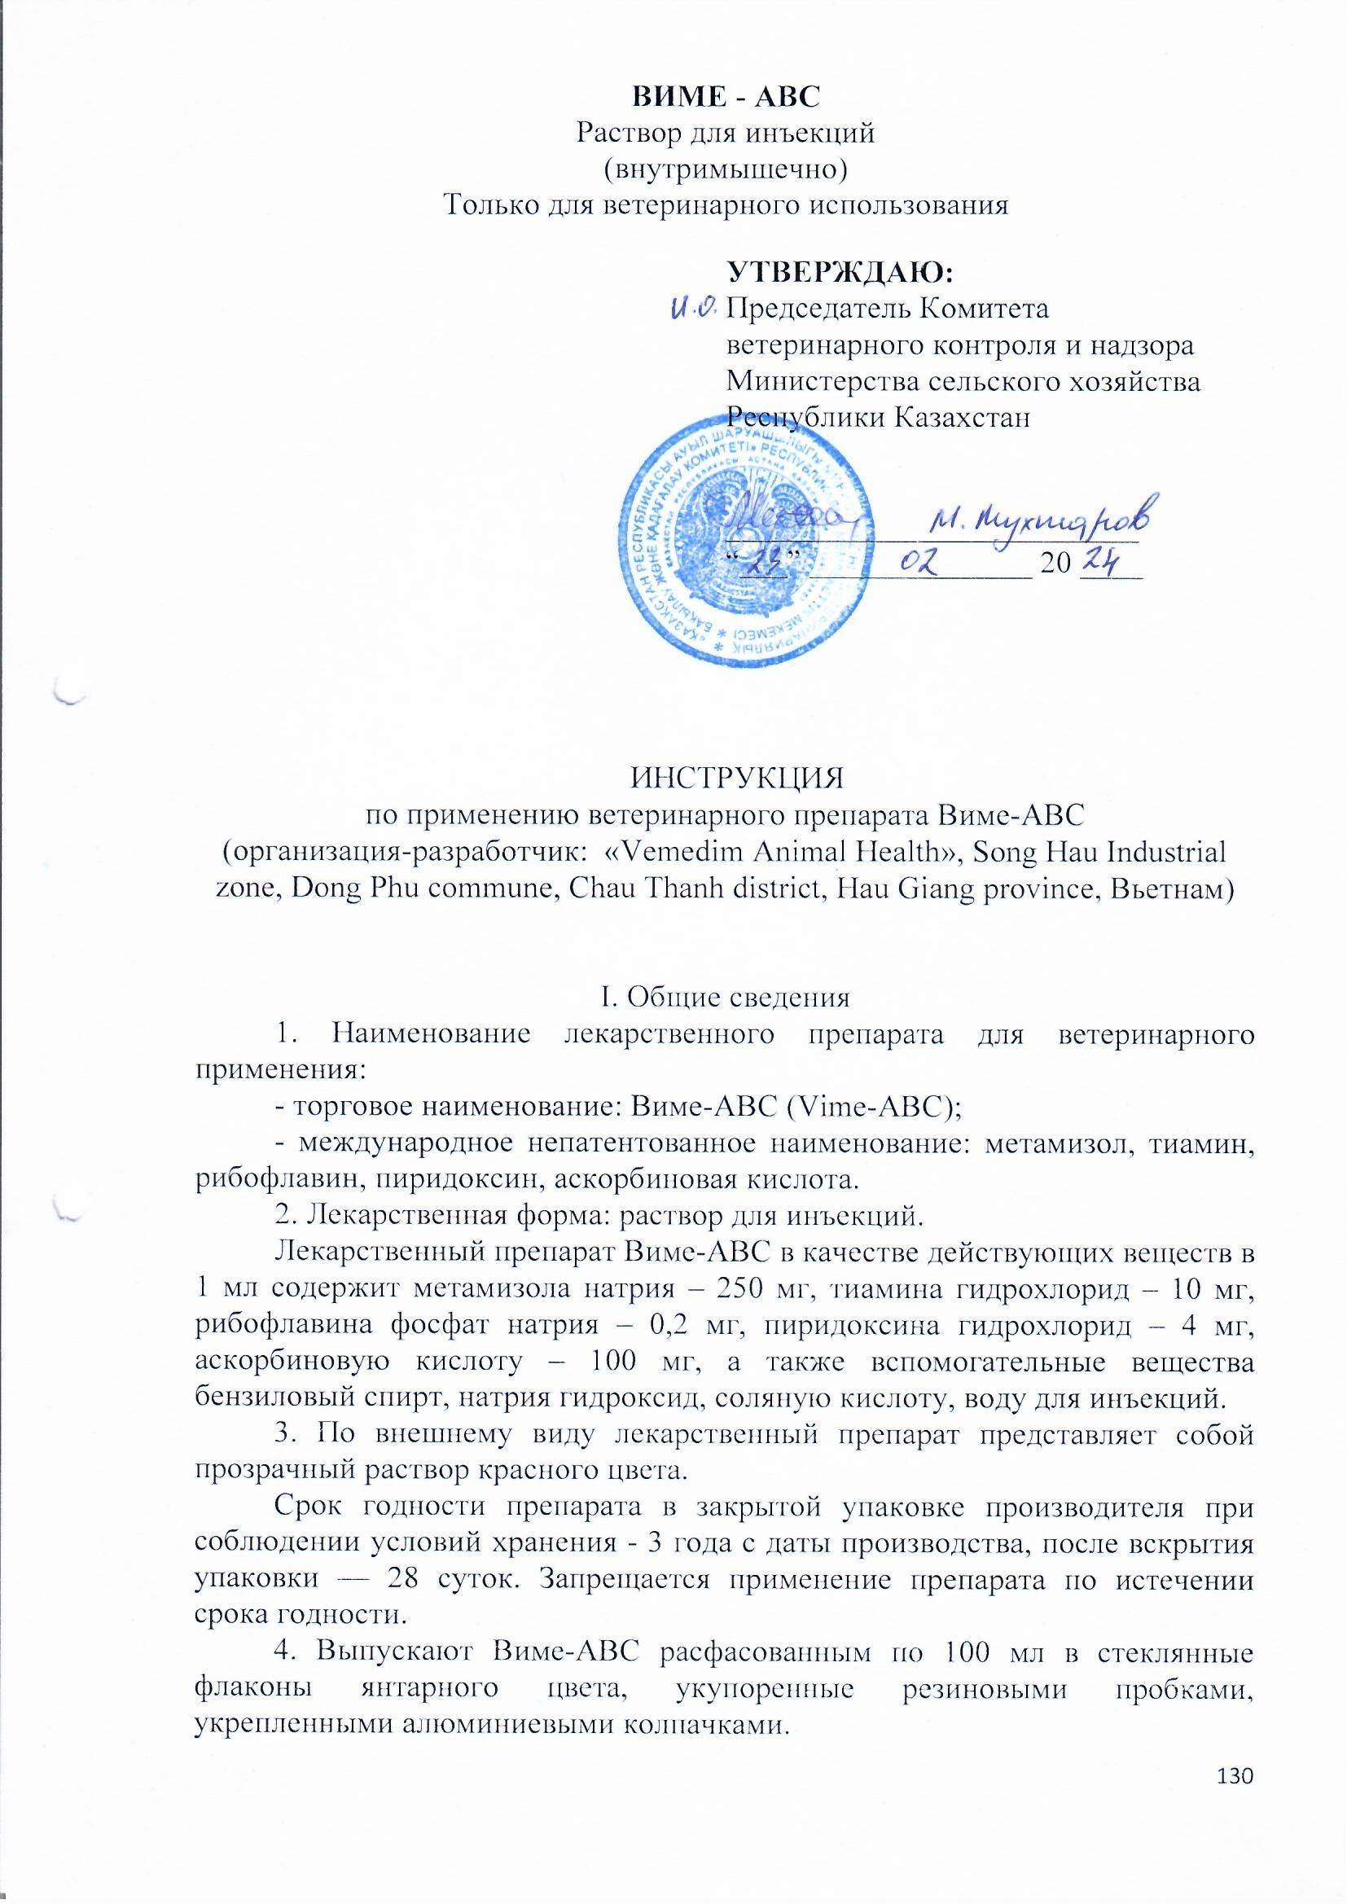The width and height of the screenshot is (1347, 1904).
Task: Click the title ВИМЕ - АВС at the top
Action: [x=726, y=96]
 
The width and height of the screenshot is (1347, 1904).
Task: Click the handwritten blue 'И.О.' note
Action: [x=692, y=309]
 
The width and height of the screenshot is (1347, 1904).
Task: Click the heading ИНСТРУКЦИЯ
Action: [x=737, y=779]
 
